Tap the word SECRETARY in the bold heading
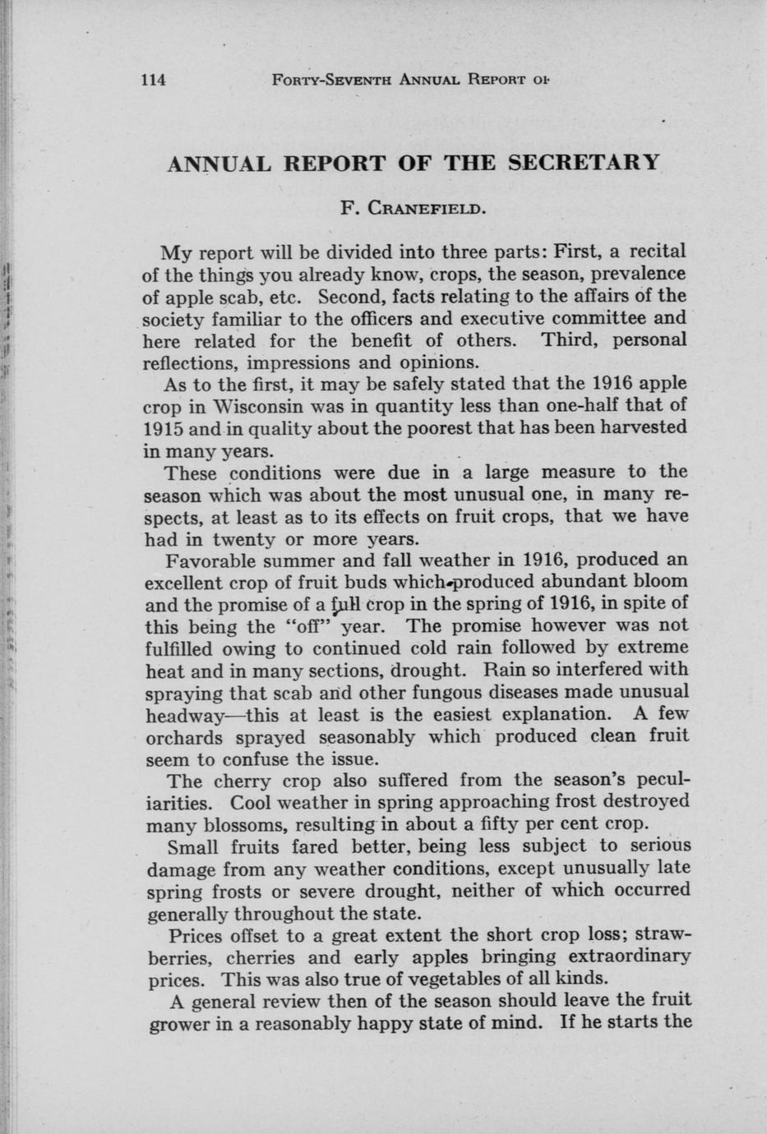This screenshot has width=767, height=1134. point(584,162)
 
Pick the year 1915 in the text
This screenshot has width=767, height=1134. point(163,428)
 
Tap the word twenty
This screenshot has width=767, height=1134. point(244,540)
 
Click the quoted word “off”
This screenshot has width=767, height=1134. point(311,627)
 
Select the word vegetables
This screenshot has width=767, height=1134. point(471,980)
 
